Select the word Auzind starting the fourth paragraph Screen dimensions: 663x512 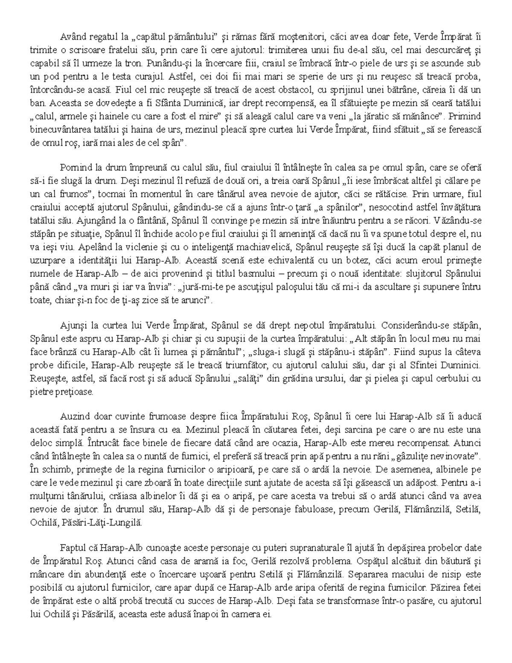(x=74, y=417)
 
